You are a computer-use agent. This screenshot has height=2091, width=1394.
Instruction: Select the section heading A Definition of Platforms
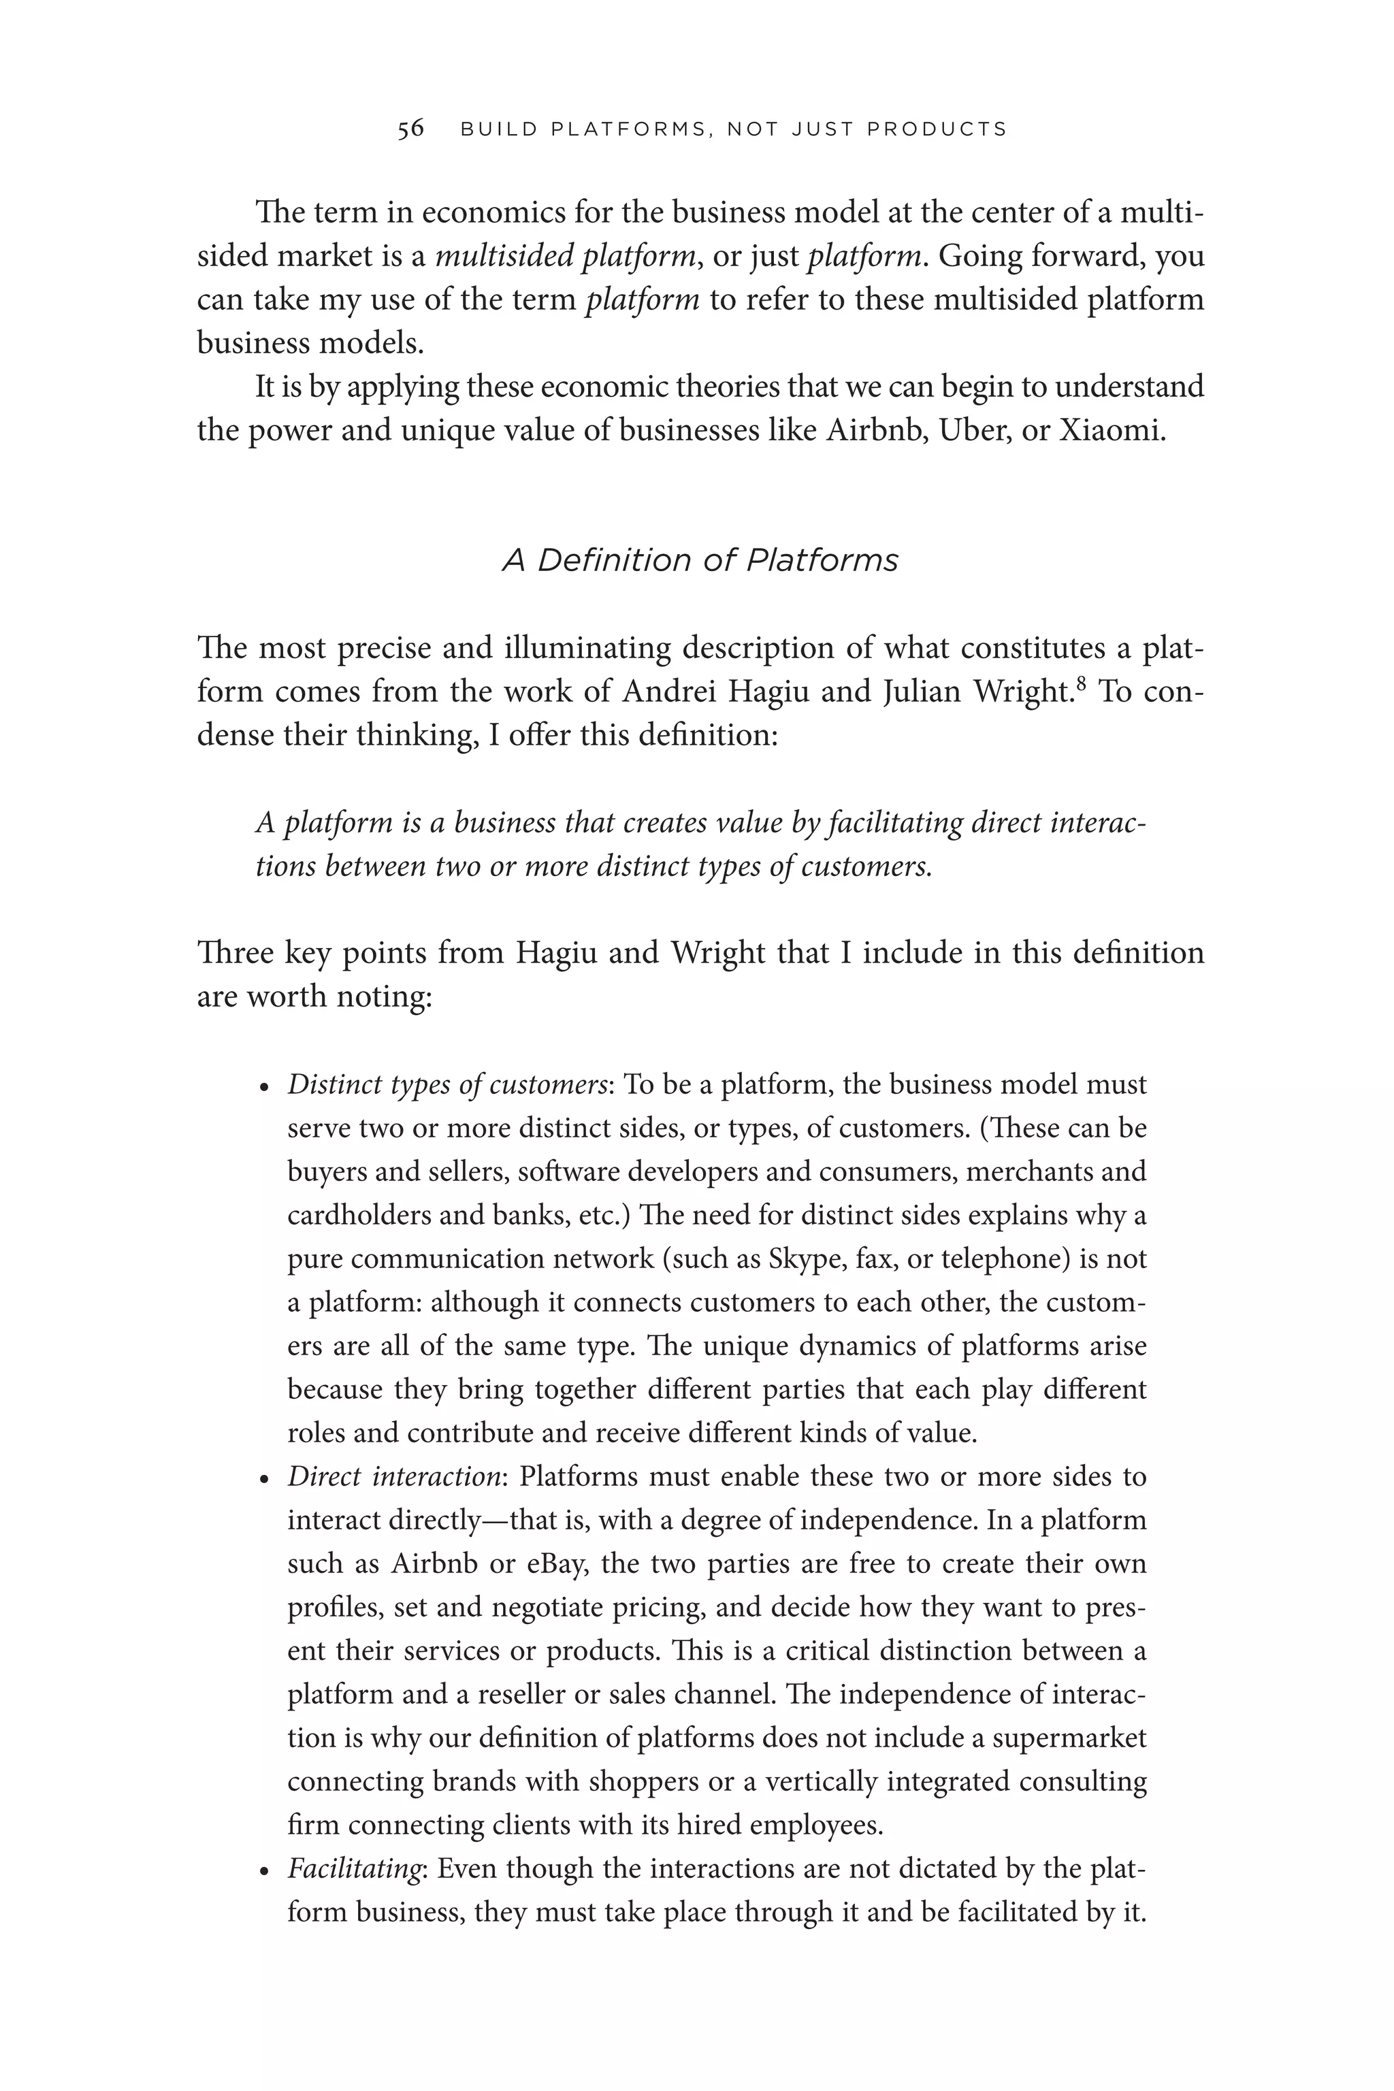700,561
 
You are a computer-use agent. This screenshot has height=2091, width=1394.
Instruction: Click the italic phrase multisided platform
566,257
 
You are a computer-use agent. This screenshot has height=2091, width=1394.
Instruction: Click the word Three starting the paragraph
234,953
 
